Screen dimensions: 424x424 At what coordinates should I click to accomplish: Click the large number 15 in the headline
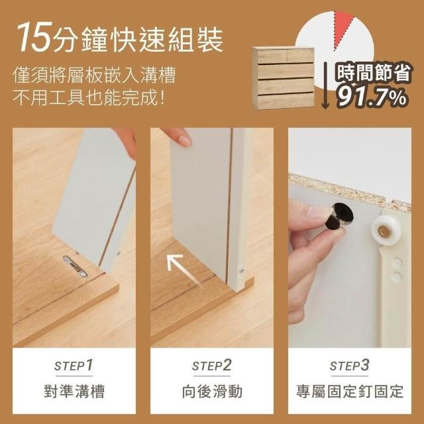click(x=34, y=37)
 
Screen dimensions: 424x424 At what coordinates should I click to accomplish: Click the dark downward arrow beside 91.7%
click(x=326, y=85)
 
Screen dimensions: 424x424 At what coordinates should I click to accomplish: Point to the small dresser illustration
click(x=284, y=78)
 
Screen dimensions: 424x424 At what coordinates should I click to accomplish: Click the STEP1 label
click(x=74, y=365)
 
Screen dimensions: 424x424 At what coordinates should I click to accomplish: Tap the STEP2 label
click(x=211, y=365)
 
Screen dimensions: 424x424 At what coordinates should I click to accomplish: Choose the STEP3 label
click(x=349, y=365)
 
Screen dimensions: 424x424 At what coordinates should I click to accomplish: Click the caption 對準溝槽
click(x=74, y=392)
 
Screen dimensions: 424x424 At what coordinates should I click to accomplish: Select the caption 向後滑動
click(x=212, y=392)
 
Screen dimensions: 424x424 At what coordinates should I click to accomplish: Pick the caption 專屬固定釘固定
click(x=350, y=392)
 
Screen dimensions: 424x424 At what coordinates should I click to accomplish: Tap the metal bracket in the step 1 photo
click(x=75, y=266)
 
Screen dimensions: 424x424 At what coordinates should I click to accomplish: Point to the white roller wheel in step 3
click(x=382, y=231)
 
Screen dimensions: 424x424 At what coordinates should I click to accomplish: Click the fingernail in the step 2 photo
click(x=185, y=140)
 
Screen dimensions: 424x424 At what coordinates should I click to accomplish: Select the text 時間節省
click(x=374, y=72)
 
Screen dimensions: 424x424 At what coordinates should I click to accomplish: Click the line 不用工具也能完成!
click(x=89, y=98)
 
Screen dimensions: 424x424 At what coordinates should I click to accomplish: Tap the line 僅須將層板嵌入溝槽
click(x=95, y=75)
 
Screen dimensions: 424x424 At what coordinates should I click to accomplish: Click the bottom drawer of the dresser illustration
click(x=286, y=101)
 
